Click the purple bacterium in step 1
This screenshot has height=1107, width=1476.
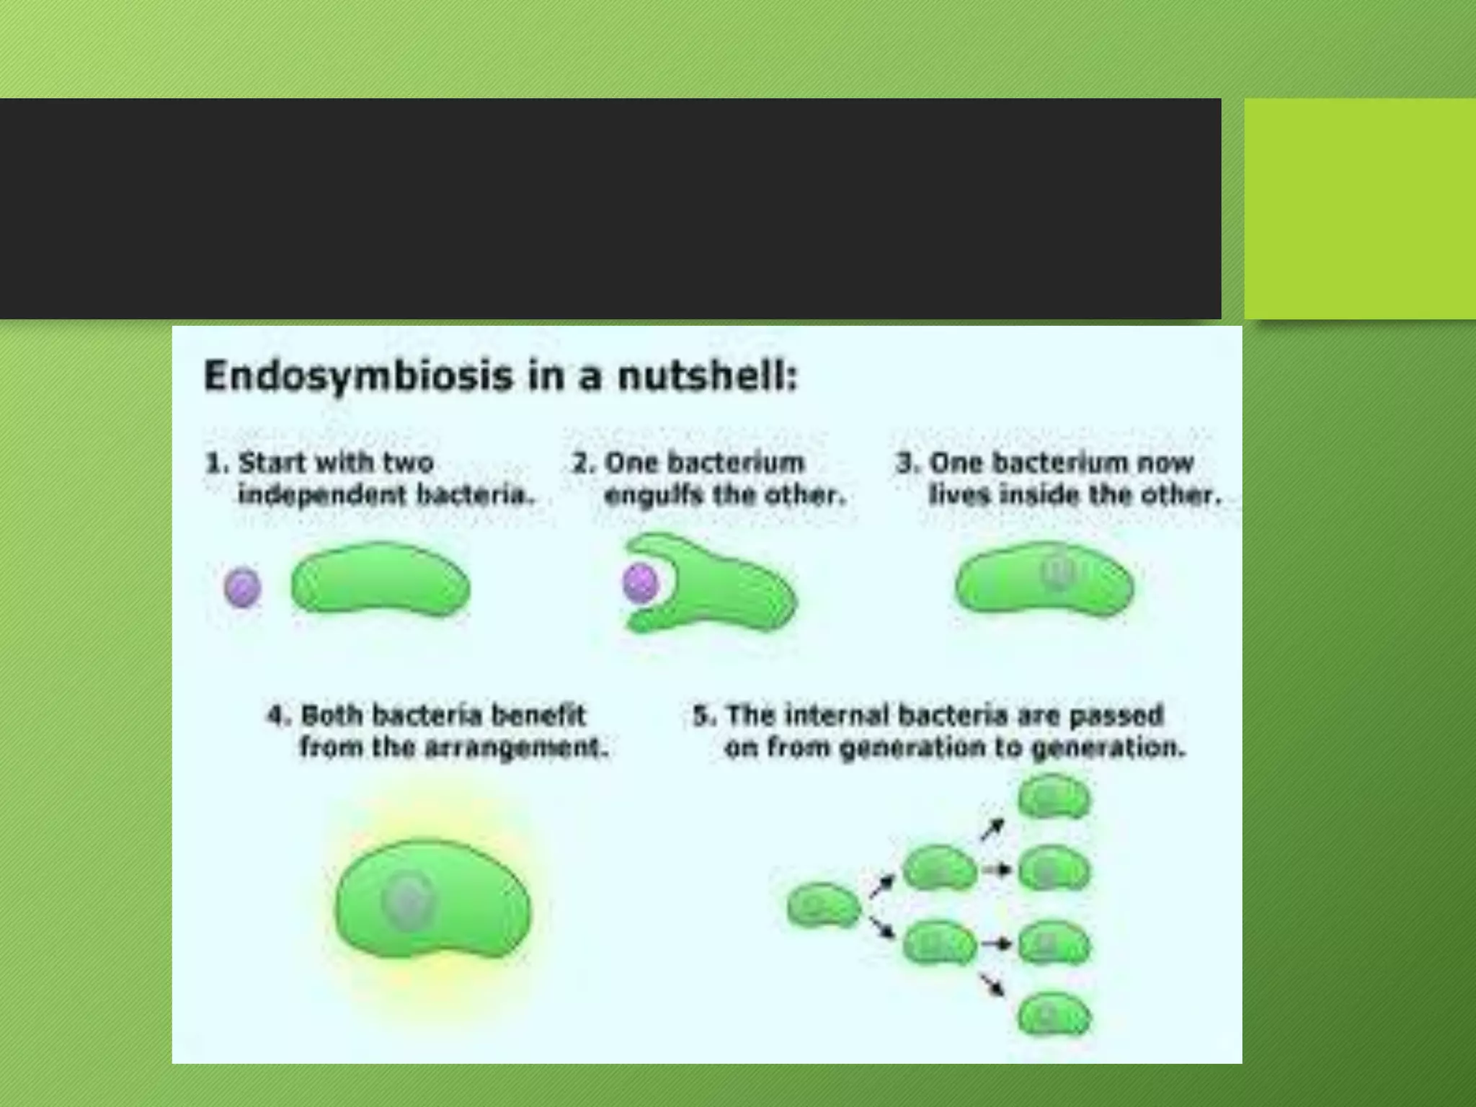coord(243,587)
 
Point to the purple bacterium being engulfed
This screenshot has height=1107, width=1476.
coord(640,582)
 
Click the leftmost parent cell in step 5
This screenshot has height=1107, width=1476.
coord(824,905)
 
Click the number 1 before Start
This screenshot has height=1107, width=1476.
coord(214,463)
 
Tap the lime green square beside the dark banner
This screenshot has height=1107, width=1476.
coord(1359,208)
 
